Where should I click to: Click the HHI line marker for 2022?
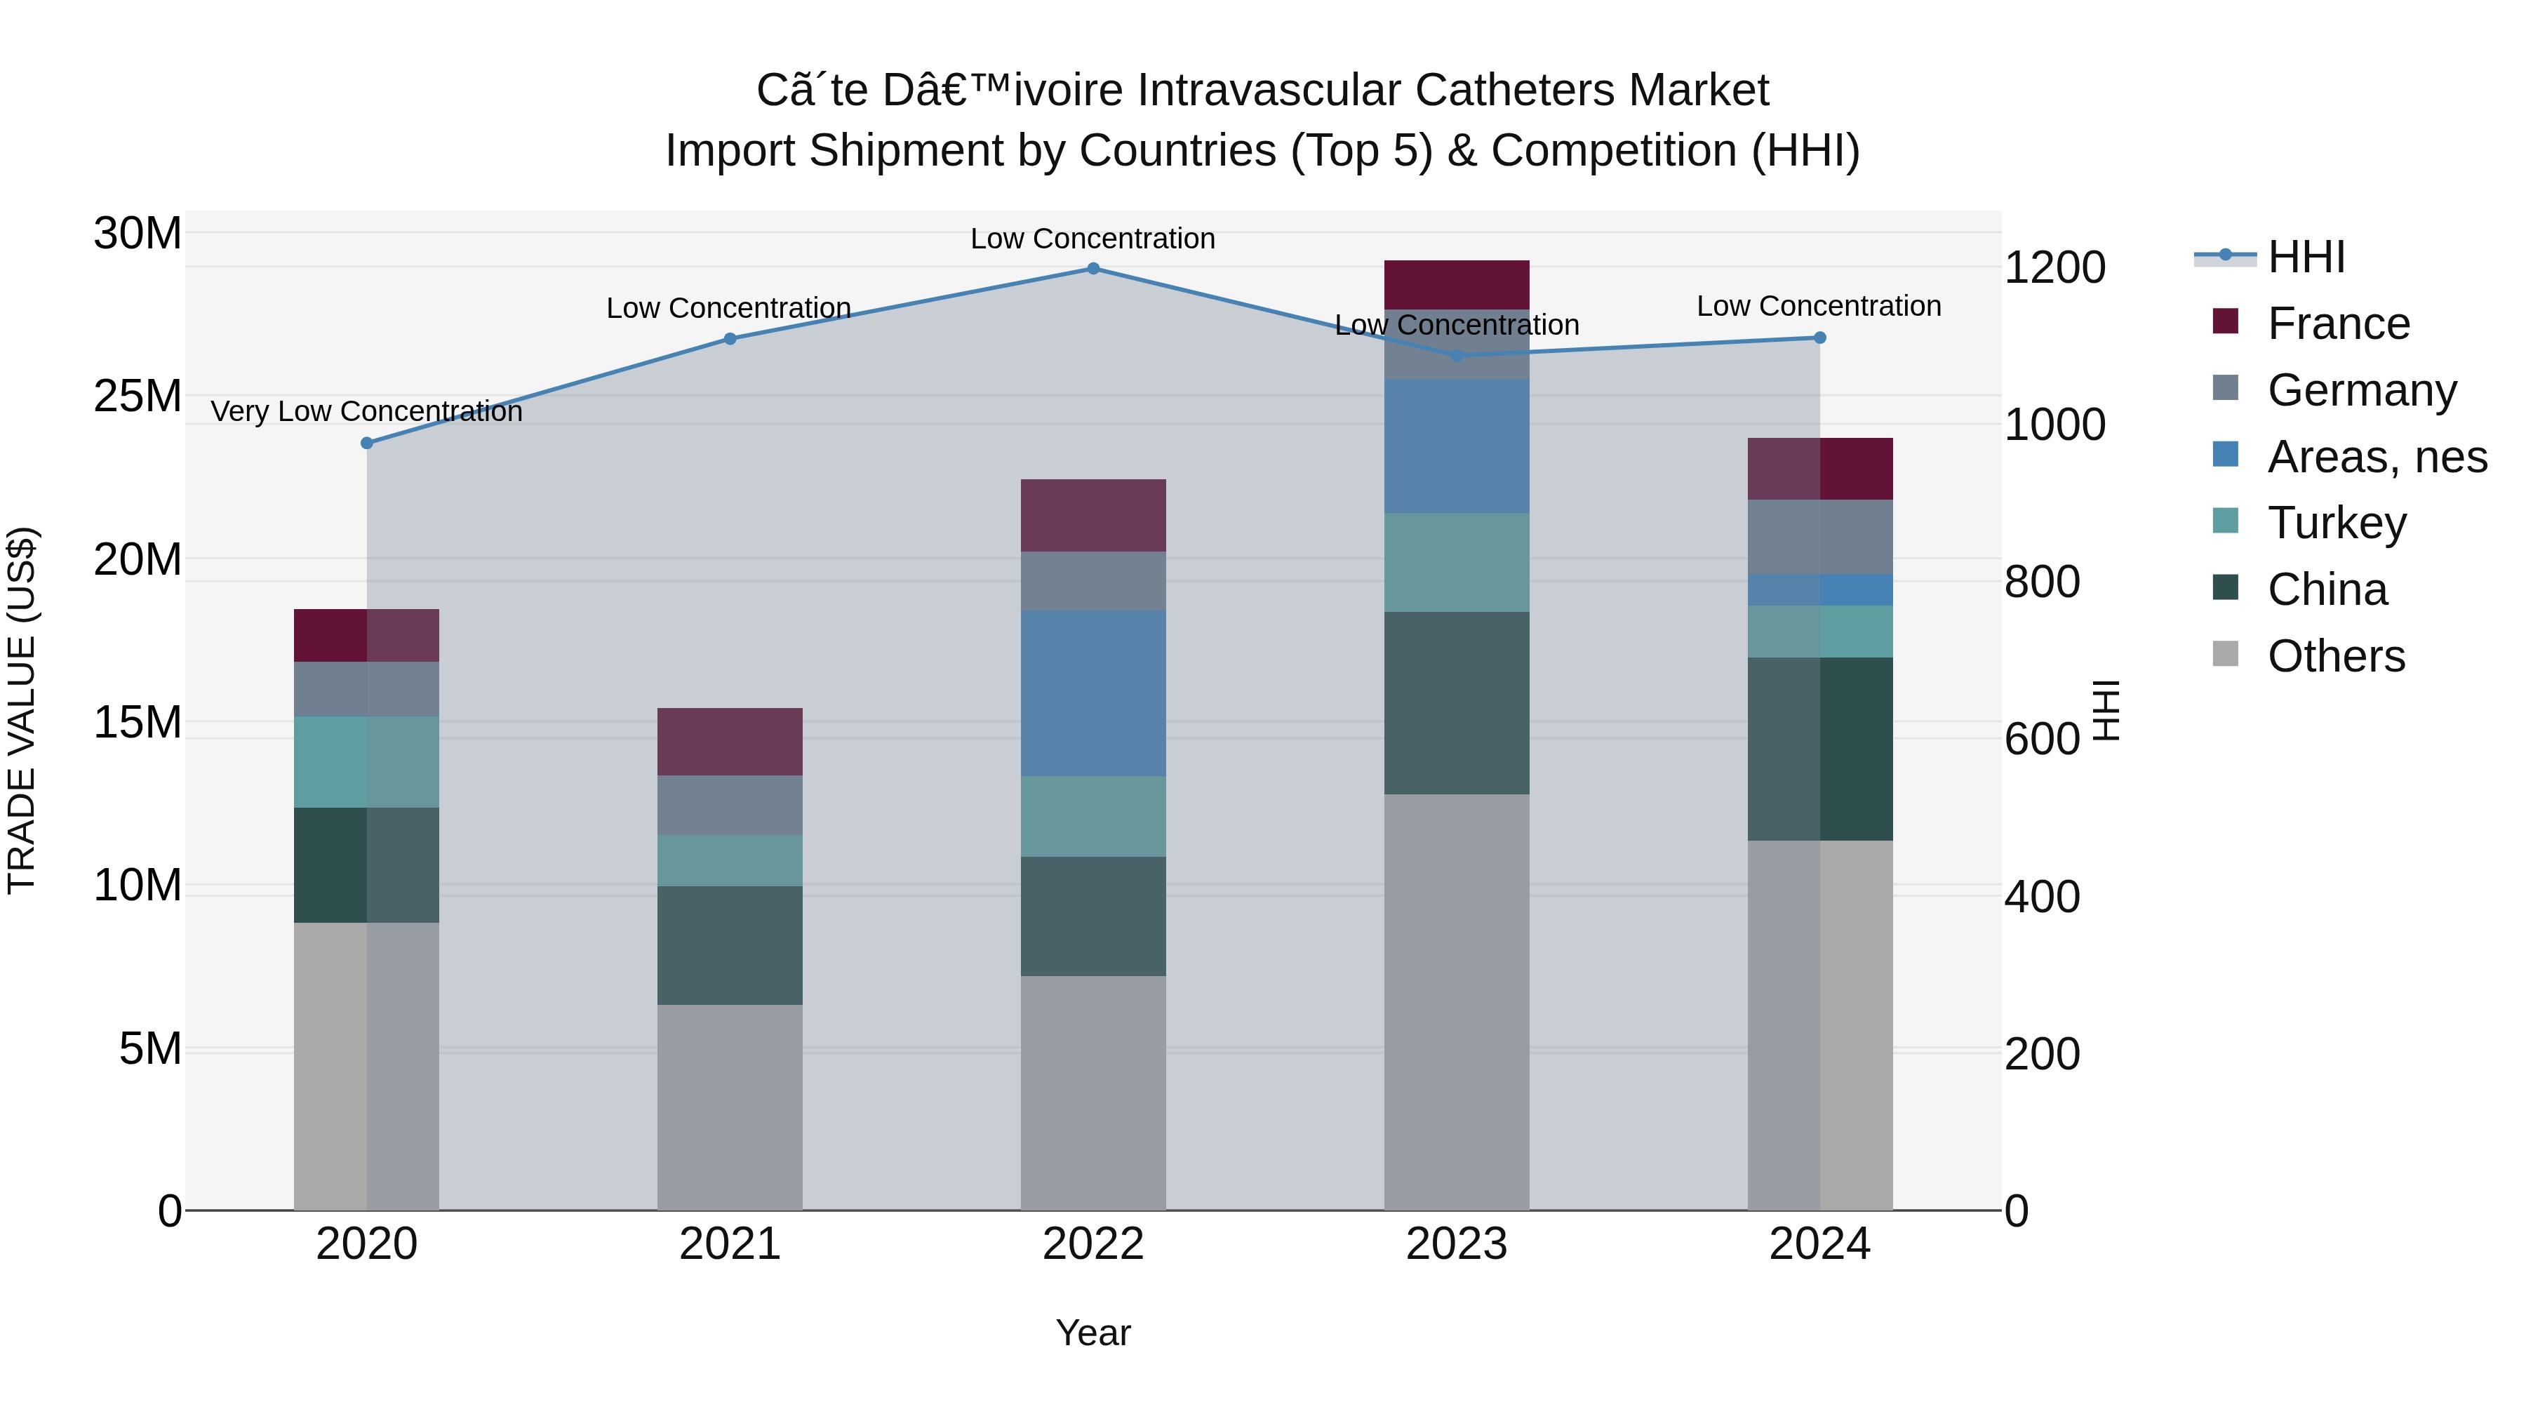point(1092,269)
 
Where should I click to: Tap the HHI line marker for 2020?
point(367,443)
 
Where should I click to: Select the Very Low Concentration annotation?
point(367,412)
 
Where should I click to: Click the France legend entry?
point(2338,323)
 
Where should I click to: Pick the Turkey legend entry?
point(2336,523)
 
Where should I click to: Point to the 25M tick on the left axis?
point(138,397)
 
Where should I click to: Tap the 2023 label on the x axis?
point(1456,1244)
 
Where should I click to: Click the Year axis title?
point(1092,1333)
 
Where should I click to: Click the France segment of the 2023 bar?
point(1456,286)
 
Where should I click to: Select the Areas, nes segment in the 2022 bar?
point(1092,693)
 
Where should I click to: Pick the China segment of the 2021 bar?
point(730,945)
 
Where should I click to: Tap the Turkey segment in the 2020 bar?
point(367,762)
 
